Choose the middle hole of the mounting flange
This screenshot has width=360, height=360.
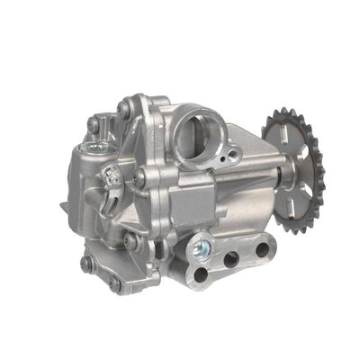coord(230,258)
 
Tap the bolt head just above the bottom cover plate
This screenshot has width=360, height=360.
coord(131,241)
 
